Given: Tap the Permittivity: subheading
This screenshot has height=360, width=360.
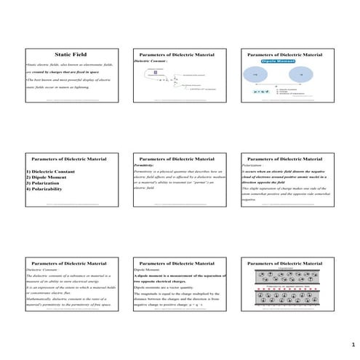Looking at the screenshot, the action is tap(145, 165).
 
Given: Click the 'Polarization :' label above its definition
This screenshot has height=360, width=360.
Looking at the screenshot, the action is tap(254, 165).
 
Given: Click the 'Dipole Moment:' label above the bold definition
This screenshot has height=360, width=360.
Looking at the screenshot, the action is tap(145, 269).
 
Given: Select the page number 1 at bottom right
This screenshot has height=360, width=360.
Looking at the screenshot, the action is tap(352, 343).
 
